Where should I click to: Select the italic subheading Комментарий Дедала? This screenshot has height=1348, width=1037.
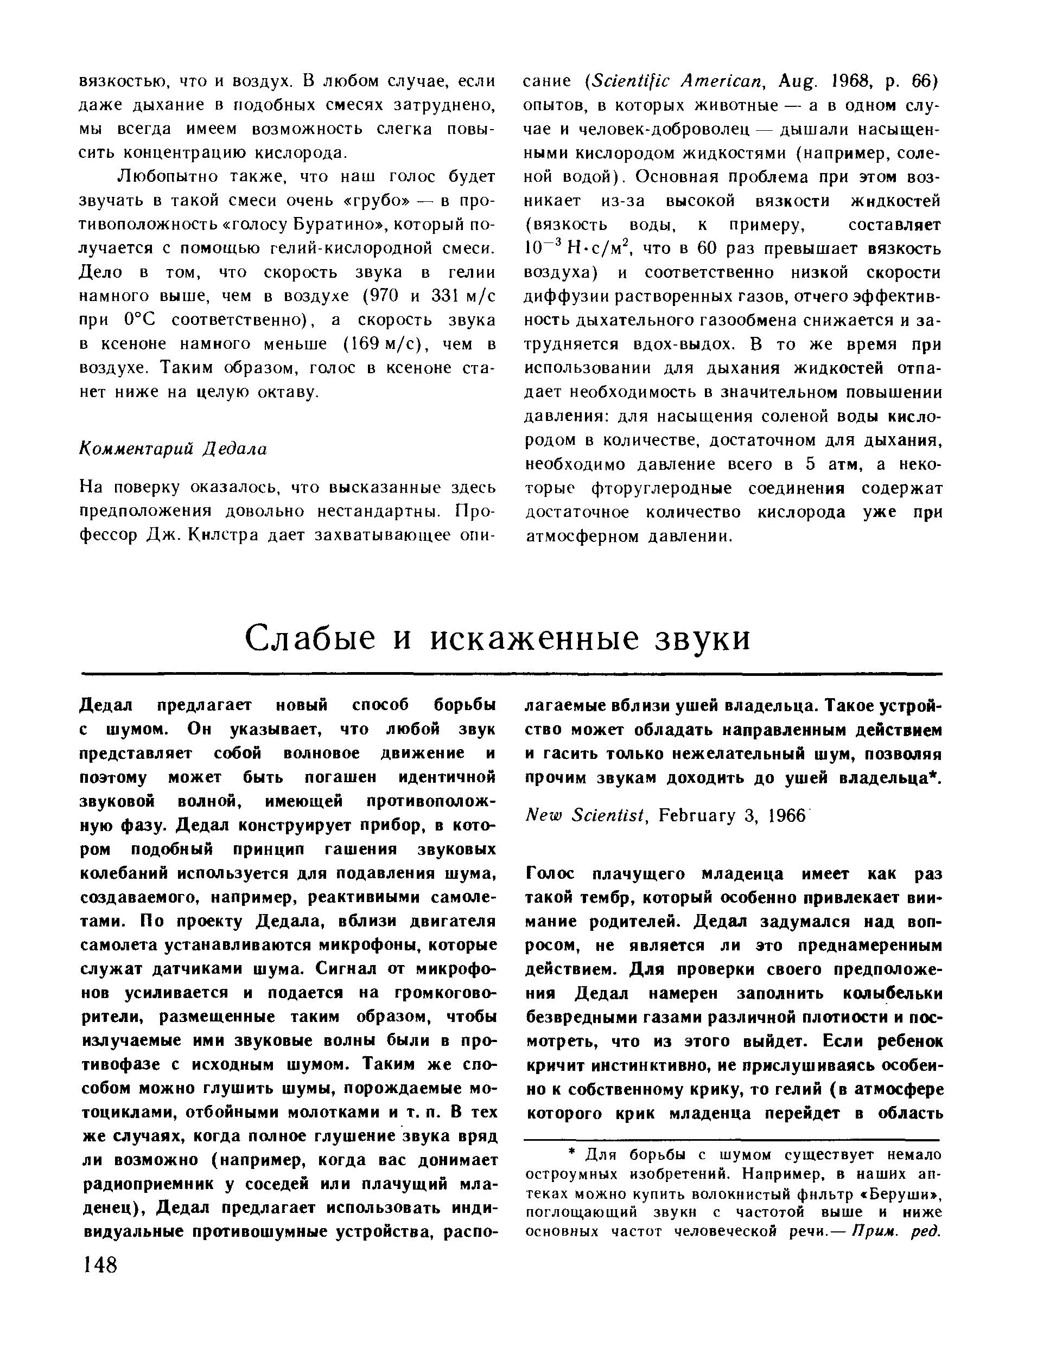[x=175, y=449]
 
